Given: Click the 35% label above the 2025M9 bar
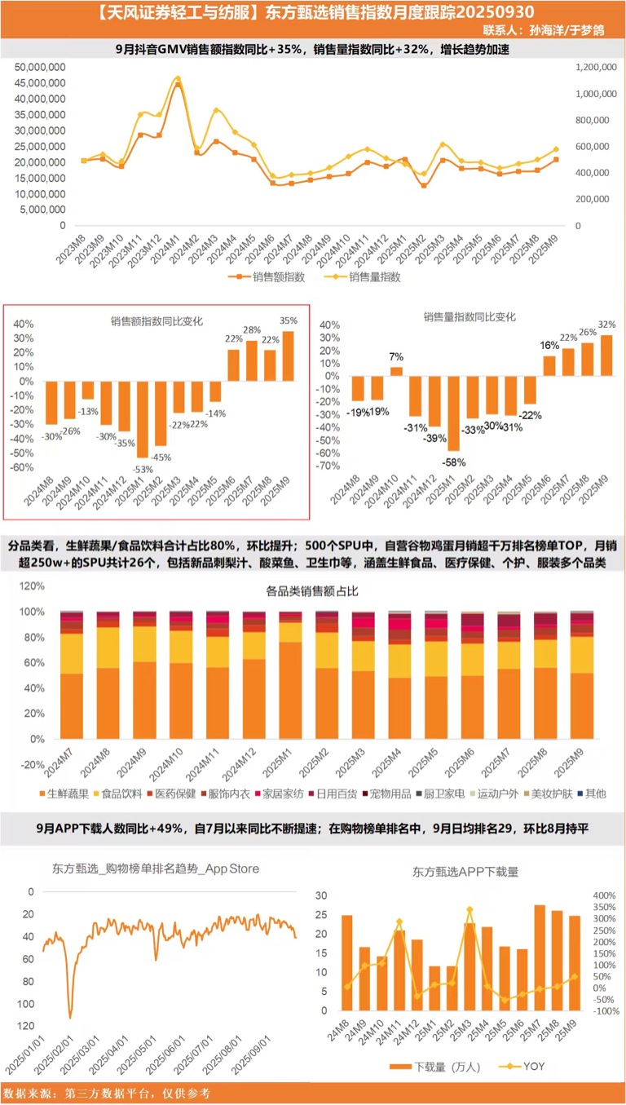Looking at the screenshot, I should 289,320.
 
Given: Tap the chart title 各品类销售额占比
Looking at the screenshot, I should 312,590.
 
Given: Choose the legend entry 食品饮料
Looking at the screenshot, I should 121,793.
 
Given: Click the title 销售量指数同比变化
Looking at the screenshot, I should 469,316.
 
